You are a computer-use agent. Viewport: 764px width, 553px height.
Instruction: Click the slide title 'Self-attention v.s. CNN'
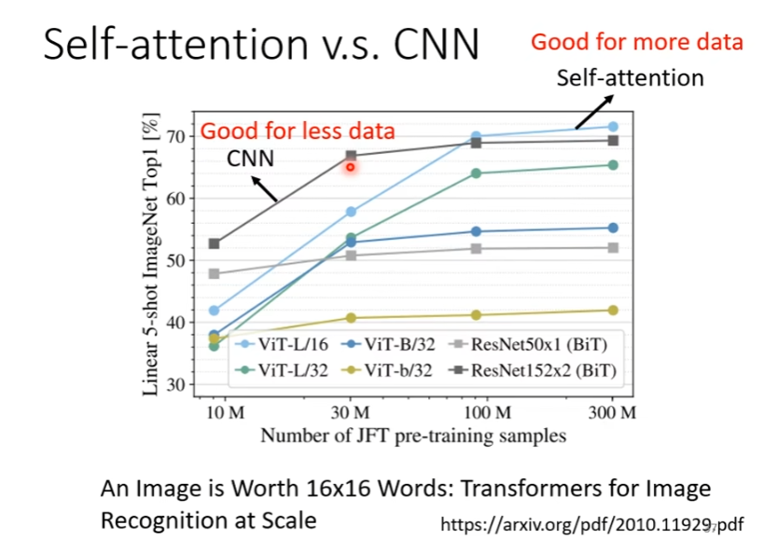(x=261, y=46)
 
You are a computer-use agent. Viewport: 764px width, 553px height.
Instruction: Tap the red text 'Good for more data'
(x=637, y=42)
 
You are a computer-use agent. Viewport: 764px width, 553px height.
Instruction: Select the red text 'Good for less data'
(x=299, y=131)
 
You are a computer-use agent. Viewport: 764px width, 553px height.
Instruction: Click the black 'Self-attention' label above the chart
(x=630, y=77)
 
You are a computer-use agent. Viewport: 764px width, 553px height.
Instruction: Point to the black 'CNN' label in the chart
(x=251, y=159)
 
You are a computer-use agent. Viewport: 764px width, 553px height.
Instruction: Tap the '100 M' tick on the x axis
(x=488, y=412)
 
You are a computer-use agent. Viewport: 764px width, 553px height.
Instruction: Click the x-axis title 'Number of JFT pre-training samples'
(x=413, y=435)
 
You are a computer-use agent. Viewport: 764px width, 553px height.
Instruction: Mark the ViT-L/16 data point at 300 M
(x=613, y=127)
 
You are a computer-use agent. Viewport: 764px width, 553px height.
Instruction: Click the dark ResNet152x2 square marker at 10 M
(x=214, y=243)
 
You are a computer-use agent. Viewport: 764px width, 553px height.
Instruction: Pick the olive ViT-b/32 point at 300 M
(x=613, y=311)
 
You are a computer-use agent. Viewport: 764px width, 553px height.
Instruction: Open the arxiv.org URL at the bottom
(x=591, y=523)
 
